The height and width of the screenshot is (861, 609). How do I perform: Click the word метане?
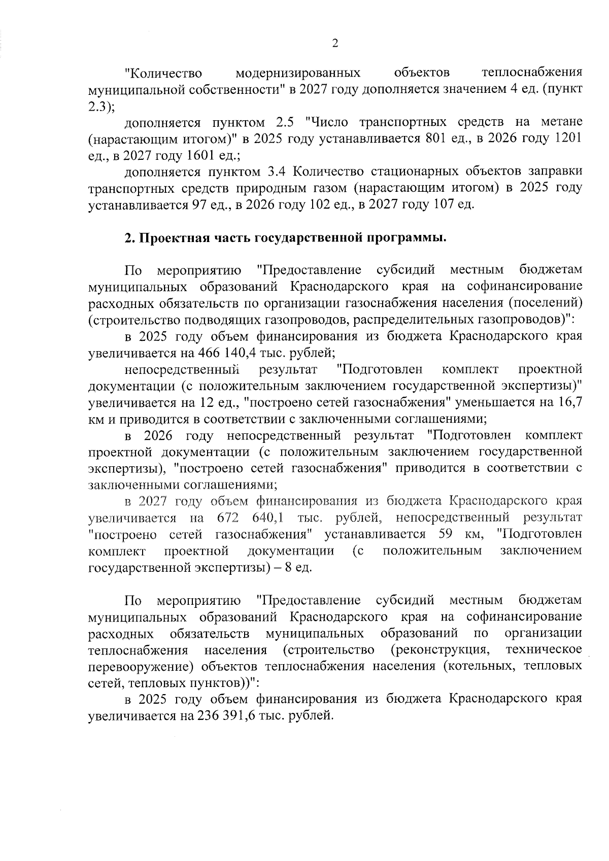[562, 122]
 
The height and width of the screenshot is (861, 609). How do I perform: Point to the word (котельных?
[477, 666]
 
